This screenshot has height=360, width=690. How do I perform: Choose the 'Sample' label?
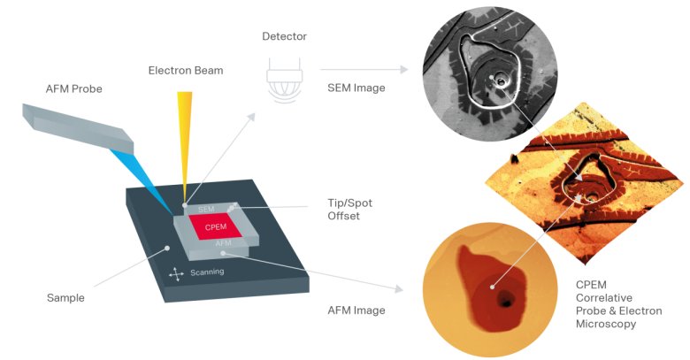pyautogui.click(x=65, y=298)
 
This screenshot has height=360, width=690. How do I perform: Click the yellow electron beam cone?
pyautogui.click(x=183, y=133)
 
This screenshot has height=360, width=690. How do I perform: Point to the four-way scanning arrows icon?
pyautogui.click(x=176, y=273)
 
